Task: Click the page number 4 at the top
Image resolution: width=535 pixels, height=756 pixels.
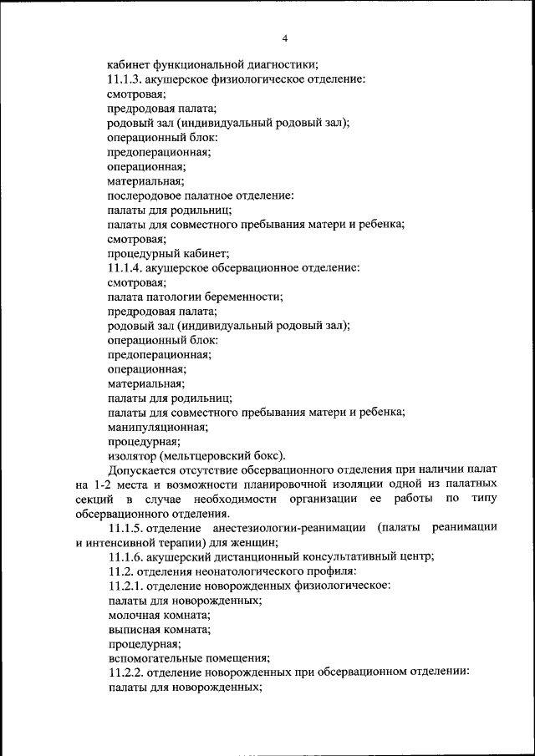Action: click(284, 38)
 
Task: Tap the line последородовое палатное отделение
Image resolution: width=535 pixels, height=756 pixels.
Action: click(200, 195)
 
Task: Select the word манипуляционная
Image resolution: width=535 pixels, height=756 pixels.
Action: click(158, 426)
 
